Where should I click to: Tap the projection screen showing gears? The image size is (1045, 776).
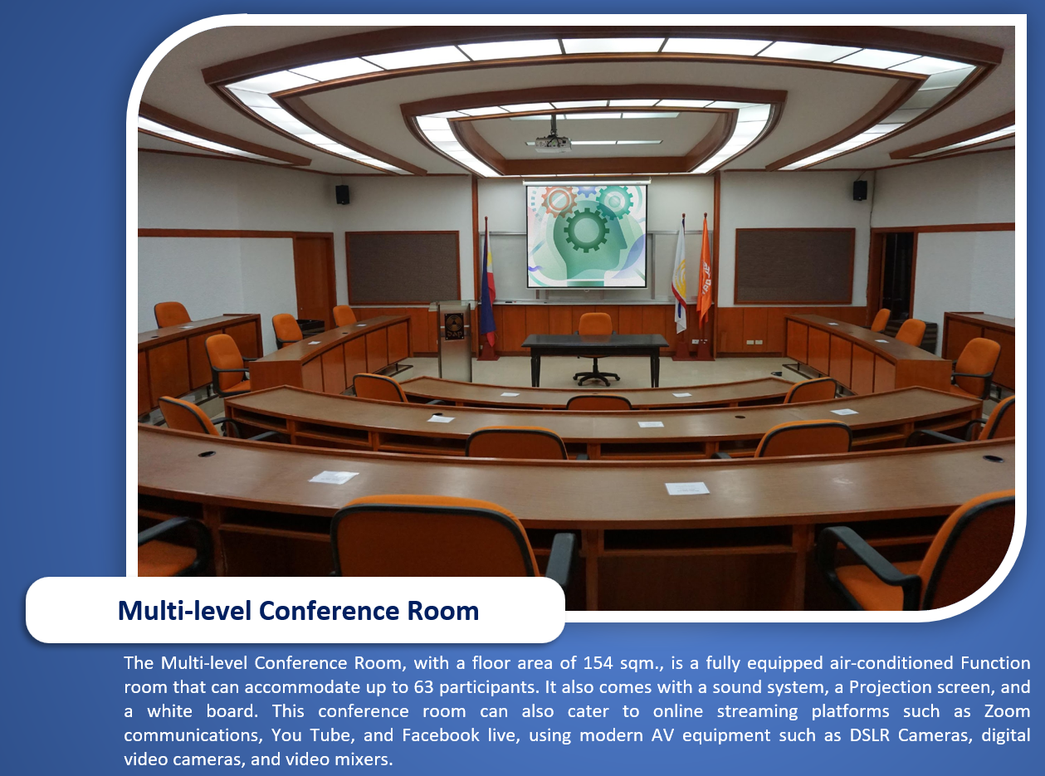coord(587,236)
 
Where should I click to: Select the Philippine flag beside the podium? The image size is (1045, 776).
coord(487,283)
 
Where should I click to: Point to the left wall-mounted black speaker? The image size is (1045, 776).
coord(343,194)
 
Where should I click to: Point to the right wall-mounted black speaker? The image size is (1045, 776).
coord(860,190)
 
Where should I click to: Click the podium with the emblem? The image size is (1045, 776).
coord(454,339)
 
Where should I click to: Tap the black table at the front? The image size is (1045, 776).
coord(595,357)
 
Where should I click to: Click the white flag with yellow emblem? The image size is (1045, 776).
coord(680,273)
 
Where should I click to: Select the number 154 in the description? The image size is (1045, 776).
coord(598,663)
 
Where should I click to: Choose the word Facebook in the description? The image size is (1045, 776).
coord(441,735)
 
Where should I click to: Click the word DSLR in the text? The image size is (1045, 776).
coord(870,735)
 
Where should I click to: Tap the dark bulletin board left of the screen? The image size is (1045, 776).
coord(403,267)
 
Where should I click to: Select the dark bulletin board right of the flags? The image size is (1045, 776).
coord(794,266)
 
